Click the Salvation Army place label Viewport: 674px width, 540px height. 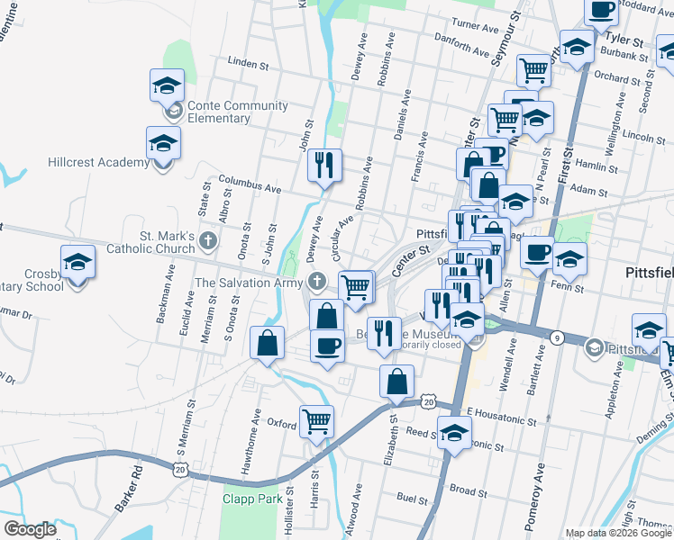[249, 283]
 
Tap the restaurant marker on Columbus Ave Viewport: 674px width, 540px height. [323, 166]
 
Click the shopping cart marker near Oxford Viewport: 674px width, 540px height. [316, 420]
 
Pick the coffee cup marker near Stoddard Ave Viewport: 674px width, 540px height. [602, 11]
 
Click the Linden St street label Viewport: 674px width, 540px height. [250, 64]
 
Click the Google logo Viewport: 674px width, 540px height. [30, 529]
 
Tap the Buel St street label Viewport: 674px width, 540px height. [412, 498]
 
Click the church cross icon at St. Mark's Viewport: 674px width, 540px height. [208, 240]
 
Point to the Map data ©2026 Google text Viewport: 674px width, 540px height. [617, 533]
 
